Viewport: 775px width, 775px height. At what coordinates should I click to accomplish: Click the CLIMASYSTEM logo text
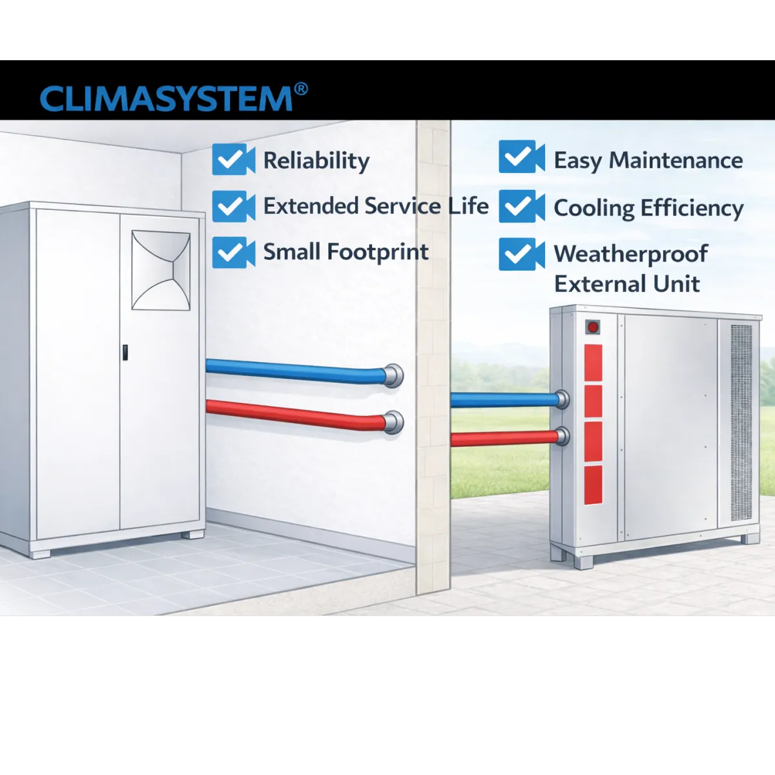166,99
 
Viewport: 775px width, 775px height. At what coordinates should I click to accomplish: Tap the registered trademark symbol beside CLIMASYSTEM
301,89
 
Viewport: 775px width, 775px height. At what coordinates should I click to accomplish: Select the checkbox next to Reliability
233,160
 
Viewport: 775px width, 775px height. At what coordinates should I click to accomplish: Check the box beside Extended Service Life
233,206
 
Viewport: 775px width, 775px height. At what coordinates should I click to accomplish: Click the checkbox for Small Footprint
233,253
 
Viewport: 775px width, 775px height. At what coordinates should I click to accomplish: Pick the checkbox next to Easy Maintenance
522,157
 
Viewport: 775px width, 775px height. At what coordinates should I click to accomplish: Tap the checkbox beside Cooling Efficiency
522,206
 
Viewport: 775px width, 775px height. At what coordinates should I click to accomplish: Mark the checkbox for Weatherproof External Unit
522,254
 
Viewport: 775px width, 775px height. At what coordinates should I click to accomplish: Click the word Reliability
316,161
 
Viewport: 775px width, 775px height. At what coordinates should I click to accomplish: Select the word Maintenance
676,160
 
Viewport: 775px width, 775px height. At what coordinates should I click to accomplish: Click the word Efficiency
692,209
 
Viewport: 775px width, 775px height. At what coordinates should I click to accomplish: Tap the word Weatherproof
630,254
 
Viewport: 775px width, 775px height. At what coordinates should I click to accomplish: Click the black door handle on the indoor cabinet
125,353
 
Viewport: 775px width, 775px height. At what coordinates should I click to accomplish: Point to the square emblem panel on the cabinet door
161,270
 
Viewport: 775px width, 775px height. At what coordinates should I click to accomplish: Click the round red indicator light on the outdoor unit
592,327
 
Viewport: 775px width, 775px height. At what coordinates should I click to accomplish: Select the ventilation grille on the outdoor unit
741,423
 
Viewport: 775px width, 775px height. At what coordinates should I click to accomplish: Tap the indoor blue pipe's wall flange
393,376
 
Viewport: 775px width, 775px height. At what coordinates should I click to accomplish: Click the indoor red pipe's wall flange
393,422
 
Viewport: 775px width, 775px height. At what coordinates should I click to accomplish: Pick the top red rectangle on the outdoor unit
593,362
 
